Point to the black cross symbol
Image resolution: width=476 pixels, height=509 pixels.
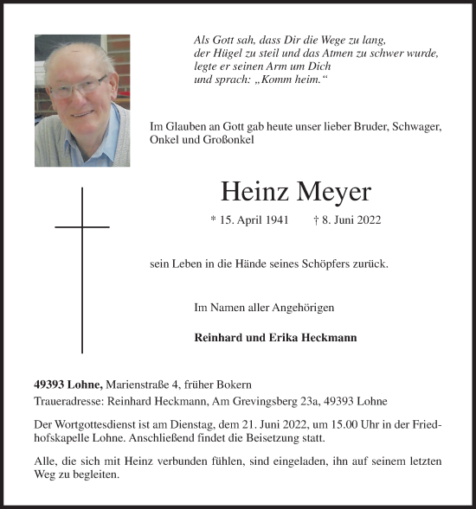pos(82,259)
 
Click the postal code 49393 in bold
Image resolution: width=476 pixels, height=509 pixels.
pos(51,385)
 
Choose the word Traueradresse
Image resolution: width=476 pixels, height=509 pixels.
pos(68,402)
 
